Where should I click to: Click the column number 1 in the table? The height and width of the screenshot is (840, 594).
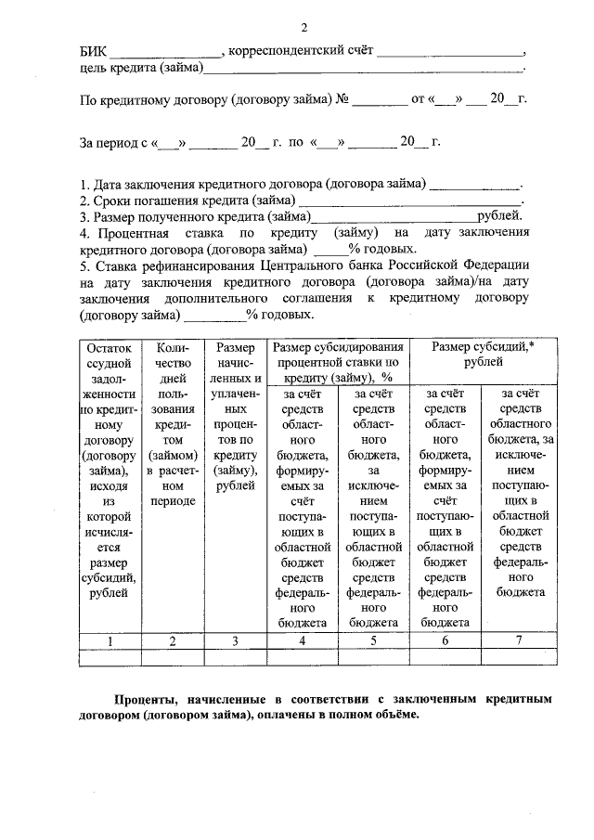click(x=110, y=640)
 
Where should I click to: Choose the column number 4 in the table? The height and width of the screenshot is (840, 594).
click(x=302, y=640)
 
